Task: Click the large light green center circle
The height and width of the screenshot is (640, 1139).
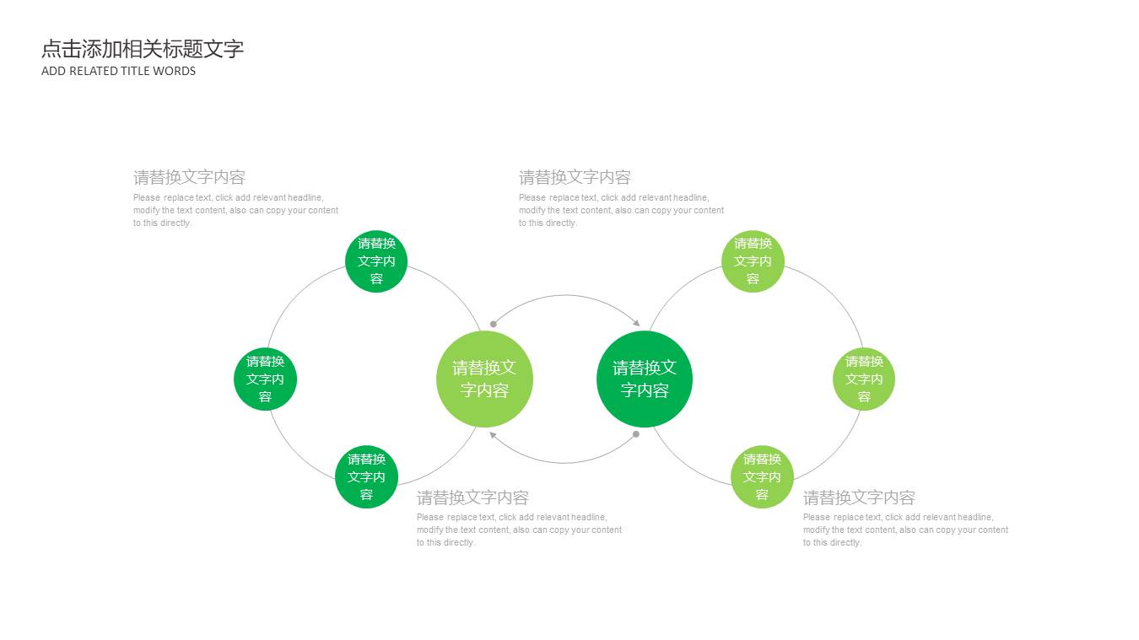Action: [x=484, y=379]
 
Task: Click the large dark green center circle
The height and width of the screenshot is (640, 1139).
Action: [x=645, y=379]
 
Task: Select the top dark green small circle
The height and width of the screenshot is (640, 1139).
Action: [x=376, y=261]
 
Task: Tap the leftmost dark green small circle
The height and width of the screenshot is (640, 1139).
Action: [x=265, y=379]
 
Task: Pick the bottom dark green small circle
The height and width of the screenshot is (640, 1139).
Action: [x=366, y=477]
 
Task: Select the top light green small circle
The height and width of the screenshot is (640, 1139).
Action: [x=753, y=261]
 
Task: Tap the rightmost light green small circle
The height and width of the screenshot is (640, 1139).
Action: [x=864, y=379]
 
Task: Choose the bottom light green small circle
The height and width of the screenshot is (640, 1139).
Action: [x=762, y=477]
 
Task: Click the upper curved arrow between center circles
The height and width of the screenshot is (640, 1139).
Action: [x=565, y=296]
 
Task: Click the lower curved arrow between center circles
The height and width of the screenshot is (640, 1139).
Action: [x=565, y=462]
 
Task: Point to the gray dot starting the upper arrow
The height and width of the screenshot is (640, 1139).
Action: [x=494, y=324]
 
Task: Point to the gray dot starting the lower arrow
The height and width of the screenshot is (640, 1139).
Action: [x=636, y=434]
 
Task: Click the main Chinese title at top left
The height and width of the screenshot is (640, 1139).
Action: [x=143, y=49]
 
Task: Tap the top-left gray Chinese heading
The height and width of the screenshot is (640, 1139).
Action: [x=189, y=177]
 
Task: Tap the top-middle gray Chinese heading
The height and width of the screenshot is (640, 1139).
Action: [x=575, y=177]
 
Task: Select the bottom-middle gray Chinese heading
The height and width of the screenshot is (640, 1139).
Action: [x=472, y=497]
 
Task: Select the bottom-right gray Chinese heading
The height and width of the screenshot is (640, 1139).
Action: [x=859, y=497]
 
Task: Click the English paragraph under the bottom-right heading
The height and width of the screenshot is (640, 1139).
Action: [x=904, y=530]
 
